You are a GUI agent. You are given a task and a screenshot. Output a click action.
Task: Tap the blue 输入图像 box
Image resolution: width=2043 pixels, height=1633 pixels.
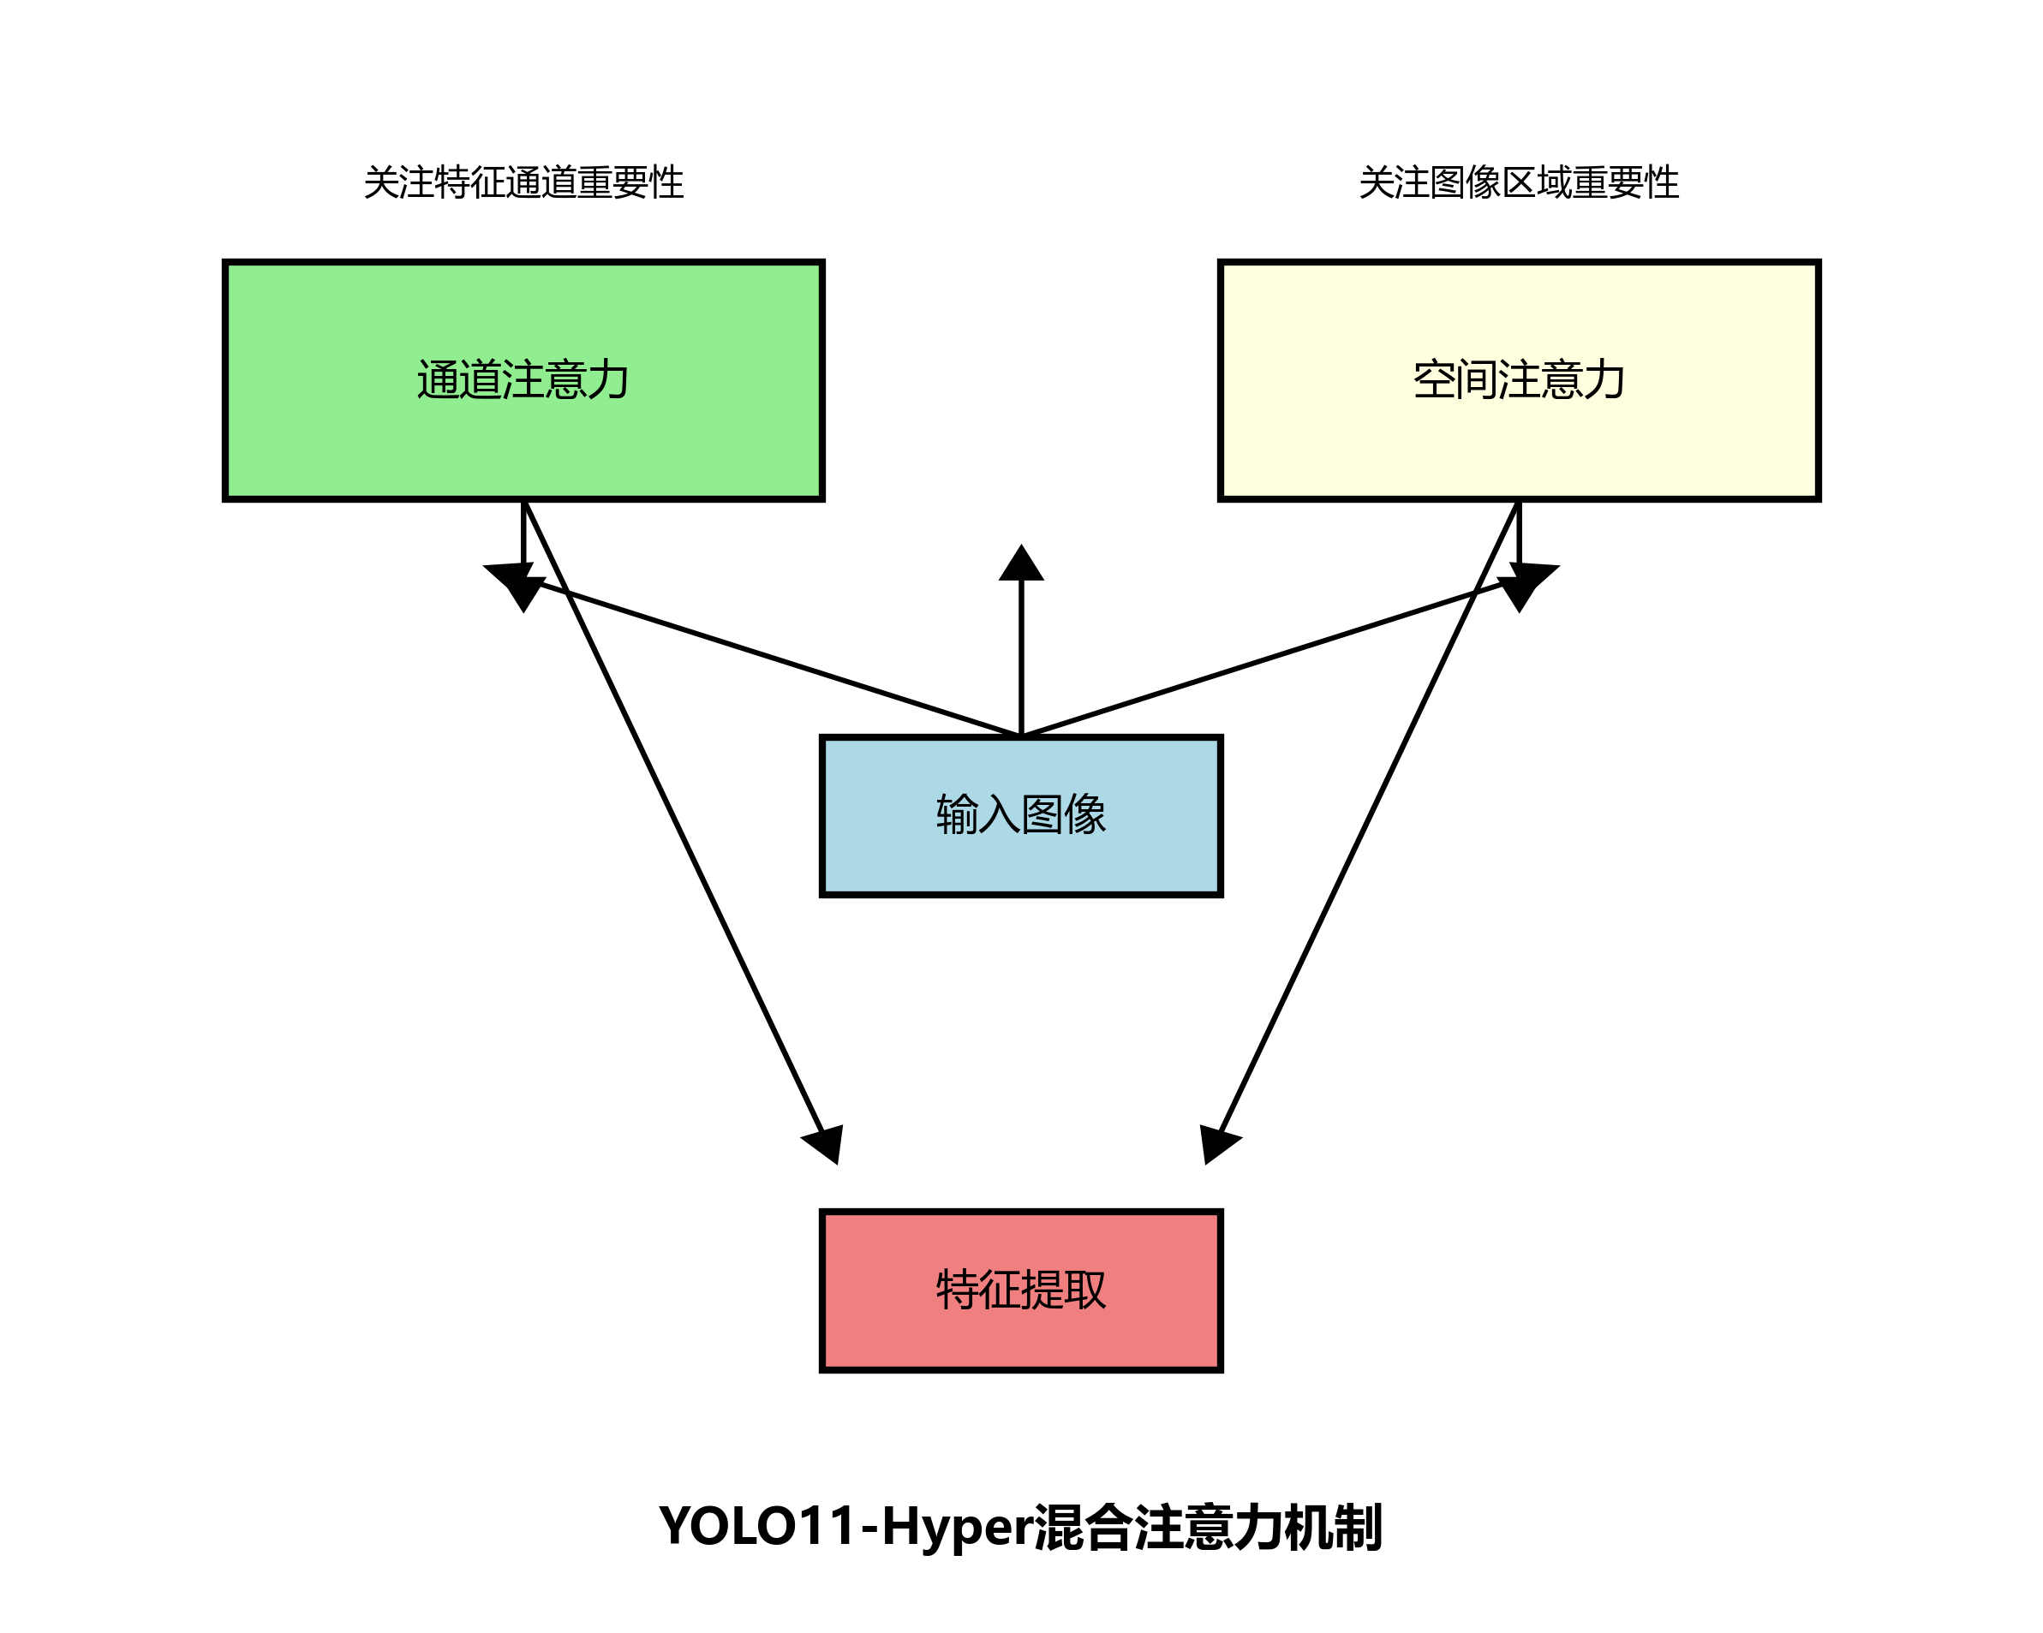pyautogui.click(x=1020, y=853)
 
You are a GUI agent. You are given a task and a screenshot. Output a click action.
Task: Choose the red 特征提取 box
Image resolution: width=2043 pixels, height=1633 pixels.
pyautogui.click(x=1020, y=1326)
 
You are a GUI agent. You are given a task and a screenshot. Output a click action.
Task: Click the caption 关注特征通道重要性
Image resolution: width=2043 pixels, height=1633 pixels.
pyautogui.click(x=523, y=182)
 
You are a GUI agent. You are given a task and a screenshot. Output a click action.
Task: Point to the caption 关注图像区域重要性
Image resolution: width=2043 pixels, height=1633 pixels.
pyautogui.click(x=1518, y=182)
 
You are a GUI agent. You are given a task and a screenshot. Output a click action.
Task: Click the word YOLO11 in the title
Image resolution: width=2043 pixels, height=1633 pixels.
pyautogui.click(x=757, y=1526)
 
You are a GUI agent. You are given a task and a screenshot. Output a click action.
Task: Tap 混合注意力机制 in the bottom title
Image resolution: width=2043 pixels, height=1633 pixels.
pyautogui.click(x=1207, y=1526)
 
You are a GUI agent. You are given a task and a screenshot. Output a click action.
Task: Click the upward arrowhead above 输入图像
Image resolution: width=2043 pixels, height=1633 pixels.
pyautogui.click(x=1020, y=564)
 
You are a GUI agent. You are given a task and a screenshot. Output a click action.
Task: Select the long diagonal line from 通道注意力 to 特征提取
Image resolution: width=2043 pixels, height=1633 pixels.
pyautogui.click(x=672, y=814)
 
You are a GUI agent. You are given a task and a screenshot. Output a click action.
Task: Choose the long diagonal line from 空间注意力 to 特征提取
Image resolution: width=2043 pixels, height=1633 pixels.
pyautogui.click(x=1369, y=814)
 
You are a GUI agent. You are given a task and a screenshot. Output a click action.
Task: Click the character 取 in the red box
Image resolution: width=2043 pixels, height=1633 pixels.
pyautogui.click(x=1085, y=1289)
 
